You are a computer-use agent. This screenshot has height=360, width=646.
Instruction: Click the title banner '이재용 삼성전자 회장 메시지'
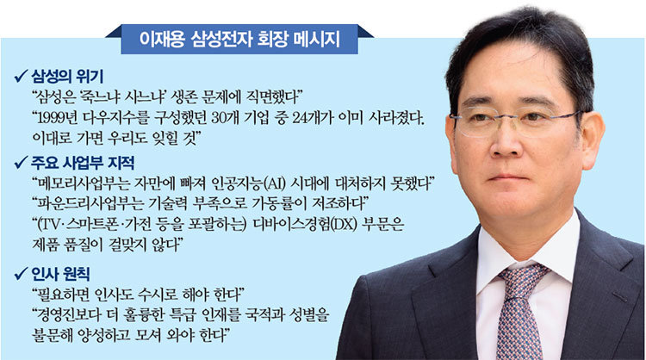(239, 39)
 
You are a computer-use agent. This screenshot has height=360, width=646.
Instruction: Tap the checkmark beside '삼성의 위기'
(21, 76)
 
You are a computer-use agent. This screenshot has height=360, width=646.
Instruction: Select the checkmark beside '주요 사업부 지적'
(21, 163)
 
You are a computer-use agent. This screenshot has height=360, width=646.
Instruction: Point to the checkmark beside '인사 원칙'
(21, 274)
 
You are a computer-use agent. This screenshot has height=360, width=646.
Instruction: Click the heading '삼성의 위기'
(67, 77)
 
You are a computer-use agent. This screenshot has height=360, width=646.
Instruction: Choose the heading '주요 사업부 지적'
(83, 163)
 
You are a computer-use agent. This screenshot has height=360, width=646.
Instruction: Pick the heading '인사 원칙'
(60, 275)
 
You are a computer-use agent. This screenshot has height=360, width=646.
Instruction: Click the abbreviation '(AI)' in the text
(274, 183)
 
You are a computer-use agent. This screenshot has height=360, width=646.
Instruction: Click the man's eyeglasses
(516, 121)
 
